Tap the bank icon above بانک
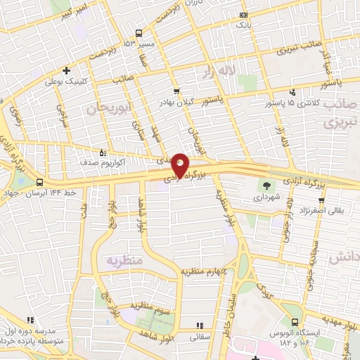pos(243,15)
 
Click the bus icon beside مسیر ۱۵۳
pos(138,33)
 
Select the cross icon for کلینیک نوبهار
pos(66,70)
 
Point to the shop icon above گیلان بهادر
pos(176,91)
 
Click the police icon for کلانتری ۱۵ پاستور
pos(292,91)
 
